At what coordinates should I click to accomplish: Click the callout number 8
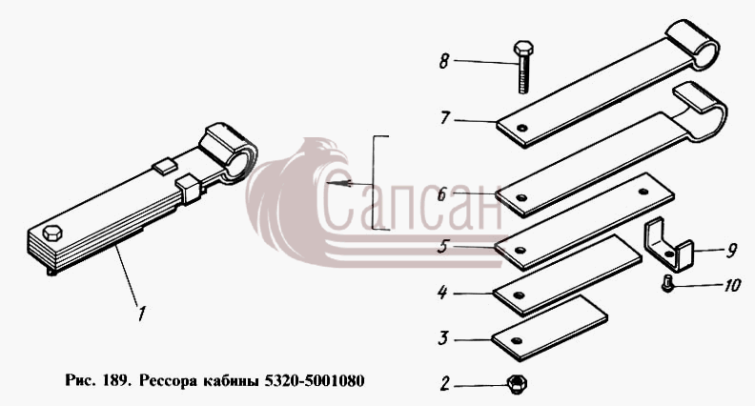[x=444, y=61]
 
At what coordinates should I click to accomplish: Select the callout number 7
[x=445, y=118]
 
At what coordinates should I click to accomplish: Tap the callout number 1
[x=140, y=313]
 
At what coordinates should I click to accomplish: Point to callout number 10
[x=731, y=285]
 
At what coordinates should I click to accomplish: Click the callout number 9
[x=731, y=251]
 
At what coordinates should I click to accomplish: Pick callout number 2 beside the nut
[x=445, y=384]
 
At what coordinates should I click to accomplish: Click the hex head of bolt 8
[x=522, y=49]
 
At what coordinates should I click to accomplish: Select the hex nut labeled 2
[x=517, y=384]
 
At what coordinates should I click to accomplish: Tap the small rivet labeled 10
[x=667, y=283]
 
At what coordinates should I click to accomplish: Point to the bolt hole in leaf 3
[x=517, y=340]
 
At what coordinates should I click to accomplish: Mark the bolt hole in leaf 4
[x=518, y=294]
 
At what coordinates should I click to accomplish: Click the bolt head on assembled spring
[x=52, y=233]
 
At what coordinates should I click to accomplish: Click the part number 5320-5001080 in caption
[x=315, y=380]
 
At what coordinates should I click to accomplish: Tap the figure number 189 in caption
[x=115, y=380]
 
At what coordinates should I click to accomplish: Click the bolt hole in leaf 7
[x=521, y=128]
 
